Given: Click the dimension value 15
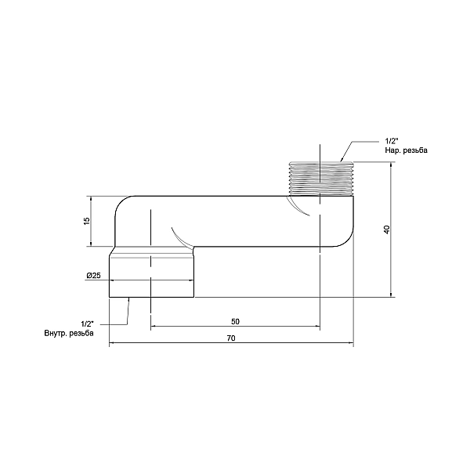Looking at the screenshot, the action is [87, 221].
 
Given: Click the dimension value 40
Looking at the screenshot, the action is [387, 230].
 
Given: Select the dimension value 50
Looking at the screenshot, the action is [235, 322].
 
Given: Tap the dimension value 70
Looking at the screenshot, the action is [231, 338].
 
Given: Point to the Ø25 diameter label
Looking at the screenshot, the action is [93, 275].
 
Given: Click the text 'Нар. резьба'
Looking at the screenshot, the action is [406, 150].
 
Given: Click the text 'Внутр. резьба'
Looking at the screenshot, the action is [69, 333].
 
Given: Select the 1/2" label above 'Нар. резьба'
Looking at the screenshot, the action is [392, 141].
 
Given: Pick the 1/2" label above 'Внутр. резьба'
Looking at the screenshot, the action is [87, 324].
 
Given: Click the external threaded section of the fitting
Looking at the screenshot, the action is [321, 179].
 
